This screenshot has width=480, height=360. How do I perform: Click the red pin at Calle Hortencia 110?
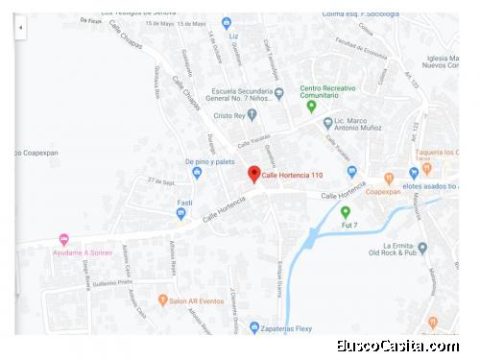(x=253, y=173)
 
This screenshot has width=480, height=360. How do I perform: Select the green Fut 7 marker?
(x=346, y=211)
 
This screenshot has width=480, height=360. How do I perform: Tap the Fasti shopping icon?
(x=181, y=214)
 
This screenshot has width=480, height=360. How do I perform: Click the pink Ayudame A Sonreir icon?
(x=64, y=239)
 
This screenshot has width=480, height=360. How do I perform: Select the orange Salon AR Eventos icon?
(x=162, y=300)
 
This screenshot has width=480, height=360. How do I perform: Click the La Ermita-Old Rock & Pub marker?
(x=422, y=248)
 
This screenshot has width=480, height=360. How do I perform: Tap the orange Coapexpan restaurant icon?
(x=389, y=179)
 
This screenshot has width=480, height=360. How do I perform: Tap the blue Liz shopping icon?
(x=227, y=22)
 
